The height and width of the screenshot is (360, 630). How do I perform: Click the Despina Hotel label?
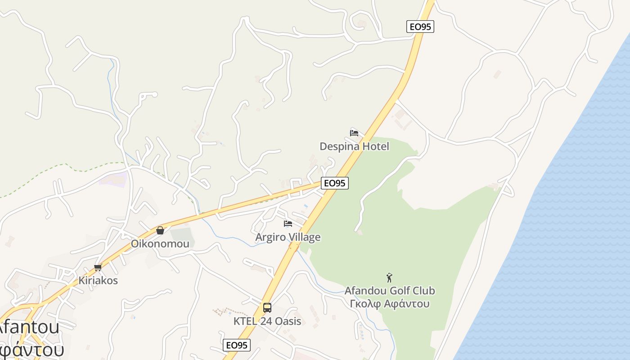[x=354, y=146]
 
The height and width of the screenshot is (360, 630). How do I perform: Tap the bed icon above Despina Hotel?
[x=354, y=133]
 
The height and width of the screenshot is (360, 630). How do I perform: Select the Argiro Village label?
[x=288, y=237]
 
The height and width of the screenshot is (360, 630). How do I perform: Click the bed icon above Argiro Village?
[x=288, y=223]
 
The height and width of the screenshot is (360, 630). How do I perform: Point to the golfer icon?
[x=389, y=278]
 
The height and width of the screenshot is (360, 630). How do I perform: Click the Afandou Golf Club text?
[x=390, y=291]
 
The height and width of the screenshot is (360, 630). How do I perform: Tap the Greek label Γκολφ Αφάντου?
[x=390, y=303]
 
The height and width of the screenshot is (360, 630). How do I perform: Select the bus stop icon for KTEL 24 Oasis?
[x=267, y=308]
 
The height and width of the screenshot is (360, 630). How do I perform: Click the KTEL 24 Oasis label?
[x=267, y=321]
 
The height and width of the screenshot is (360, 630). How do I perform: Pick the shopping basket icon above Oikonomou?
[x=160, y=230]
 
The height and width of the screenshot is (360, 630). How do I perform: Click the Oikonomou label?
[x=160, y=244]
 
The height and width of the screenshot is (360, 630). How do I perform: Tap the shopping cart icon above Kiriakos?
[x=98, y=267]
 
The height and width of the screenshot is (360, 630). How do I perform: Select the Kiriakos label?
[x=98, y=280]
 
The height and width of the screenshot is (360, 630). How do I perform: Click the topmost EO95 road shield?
[x=420, y=27]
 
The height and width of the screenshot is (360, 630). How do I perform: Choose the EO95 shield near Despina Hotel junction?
[x=335, y=183]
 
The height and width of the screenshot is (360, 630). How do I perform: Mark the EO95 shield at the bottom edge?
[x=237, y=345]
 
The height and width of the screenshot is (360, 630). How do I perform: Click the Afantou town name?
[x=30, y=328]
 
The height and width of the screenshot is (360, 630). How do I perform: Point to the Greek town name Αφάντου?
[x=31, y=349]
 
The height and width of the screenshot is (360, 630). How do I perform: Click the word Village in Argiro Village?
[x=304, y=237]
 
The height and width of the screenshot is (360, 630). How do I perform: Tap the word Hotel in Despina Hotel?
[x=375, y=146]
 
